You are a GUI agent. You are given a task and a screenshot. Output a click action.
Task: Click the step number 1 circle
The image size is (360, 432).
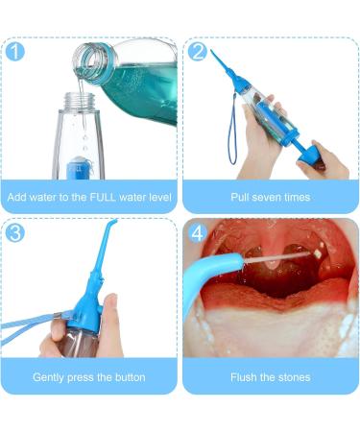[15, 51]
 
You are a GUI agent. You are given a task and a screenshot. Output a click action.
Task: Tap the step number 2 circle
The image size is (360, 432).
[198, 51]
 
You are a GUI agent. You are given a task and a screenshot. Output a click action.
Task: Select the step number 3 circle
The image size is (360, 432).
[15, 232]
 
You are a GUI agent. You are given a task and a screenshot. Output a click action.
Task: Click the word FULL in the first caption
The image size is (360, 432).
[103, 197]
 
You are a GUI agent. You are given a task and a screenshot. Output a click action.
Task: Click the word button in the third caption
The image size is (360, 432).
[131, 377]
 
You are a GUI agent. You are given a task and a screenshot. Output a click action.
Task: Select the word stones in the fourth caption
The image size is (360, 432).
[294, 377]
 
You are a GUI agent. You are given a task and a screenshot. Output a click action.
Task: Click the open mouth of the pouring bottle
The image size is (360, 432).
[86, 60]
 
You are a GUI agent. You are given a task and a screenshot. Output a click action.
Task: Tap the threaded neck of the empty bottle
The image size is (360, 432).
[80, 101]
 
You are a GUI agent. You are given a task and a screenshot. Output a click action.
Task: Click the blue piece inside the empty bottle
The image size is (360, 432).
[78, 168]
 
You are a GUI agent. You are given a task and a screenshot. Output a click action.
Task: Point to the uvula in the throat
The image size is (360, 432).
[273, 262]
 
